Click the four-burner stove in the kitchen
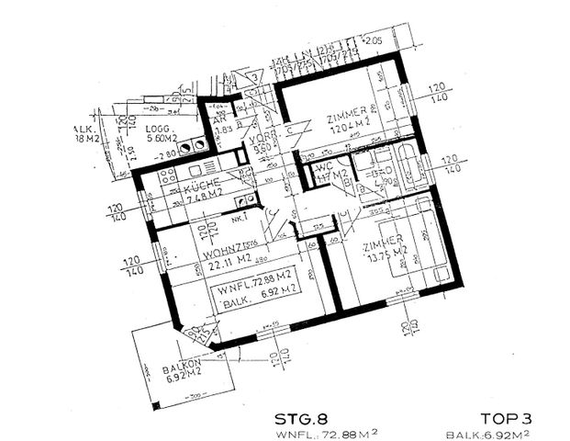coord(168,176)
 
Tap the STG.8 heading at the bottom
coord(301,416)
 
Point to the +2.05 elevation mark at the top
coord(371,42)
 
